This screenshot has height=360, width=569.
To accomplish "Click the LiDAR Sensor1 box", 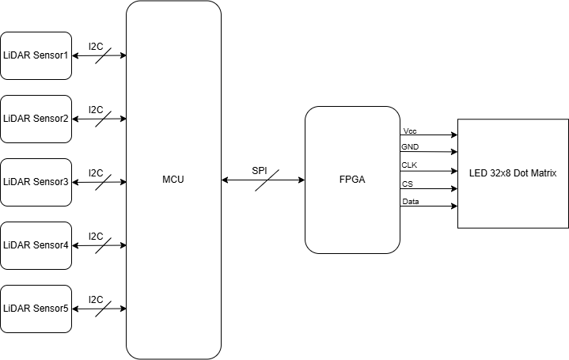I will coord(36,55).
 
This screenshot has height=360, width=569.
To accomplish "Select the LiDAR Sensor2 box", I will coord(36,119).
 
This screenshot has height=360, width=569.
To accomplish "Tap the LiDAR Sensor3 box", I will coord(36,182).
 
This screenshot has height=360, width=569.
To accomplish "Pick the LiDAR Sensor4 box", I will coord(36,245).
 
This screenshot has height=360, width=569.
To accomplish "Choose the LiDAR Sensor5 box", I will coord(36,308).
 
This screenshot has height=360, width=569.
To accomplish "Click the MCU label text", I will coord(173,180).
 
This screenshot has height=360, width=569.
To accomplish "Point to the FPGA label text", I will coord(352,180).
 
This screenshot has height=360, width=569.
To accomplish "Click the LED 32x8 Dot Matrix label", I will coord(513,173).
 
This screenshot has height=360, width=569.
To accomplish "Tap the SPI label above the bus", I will coord(260,170).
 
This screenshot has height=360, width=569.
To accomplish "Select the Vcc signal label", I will coord(410,131).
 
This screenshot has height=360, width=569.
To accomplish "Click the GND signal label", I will coord(411,146).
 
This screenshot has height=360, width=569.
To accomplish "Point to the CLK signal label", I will coord(410,165).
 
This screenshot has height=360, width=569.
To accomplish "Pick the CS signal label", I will coord(408,184).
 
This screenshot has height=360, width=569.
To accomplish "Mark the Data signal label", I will coord(411,202).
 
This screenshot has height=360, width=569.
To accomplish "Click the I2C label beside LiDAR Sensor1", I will coord(96,47).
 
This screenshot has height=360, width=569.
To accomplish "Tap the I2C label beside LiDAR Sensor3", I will coord(96,172).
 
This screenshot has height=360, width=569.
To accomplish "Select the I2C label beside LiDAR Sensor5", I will coord(96,299).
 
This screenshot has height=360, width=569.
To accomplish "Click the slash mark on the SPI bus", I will coord(263,181).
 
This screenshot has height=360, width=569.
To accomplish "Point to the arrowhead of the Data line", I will coord(453,207).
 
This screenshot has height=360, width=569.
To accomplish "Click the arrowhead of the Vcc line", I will coord(453,135).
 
